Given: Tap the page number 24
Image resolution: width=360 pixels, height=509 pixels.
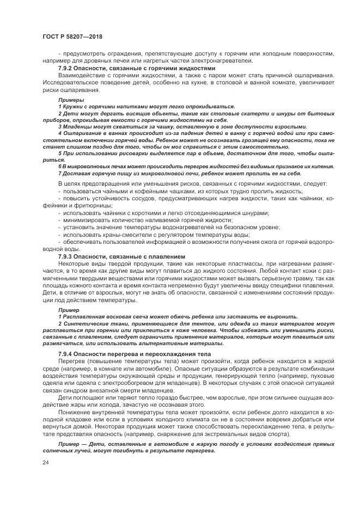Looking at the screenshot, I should (44, 462).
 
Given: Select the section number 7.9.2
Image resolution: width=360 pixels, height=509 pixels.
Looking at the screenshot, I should (67, 69).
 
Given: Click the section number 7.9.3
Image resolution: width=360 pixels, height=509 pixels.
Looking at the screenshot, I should (67, 256).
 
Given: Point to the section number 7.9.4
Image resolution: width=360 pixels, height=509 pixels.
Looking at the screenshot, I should (67, 354).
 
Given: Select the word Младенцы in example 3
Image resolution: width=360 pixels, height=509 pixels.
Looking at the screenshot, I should (76, 126).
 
